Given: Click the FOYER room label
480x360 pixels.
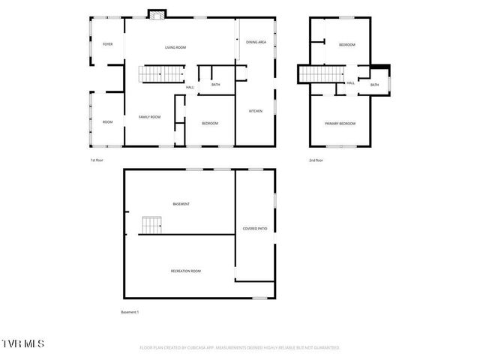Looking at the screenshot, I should coord(108,44).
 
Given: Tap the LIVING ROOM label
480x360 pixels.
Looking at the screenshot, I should coord(175,47).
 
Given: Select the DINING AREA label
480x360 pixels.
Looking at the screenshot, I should coord(256,42).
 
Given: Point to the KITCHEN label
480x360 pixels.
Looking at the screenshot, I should coord(256,111).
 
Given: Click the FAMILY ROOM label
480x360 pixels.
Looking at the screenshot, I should coord(150,117).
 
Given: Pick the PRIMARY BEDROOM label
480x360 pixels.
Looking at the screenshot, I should coord(340,124).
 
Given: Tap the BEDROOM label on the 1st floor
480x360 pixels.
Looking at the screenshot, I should coord(210,123).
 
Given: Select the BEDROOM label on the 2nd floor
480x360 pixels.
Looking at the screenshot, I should coord(346,45).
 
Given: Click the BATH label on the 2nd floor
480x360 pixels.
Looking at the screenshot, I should coord(374,85).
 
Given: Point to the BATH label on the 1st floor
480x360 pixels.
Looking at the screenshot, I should coord(216,85).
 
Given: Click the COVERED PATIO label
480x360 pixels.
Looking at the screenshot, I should coord(255,229).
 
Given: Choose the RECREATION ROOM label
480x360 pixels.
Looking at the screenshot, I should coord(185,271).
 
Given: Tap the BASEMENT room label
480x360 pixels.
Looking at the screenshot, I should coord(181,204).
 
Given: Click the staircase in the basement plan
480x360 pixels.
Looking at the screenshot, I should coord(152,225).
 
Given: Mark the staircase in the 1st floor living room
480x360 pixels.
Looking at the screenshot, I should coord(161,73).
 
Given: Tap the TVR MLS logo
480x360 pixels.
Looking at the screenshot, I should coord(22,343).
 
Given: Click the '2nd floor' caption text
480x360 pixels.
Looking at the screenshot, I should coord(316,160).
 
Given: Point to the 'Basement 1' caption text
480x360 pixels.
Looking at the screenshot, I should coord(130,312).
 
